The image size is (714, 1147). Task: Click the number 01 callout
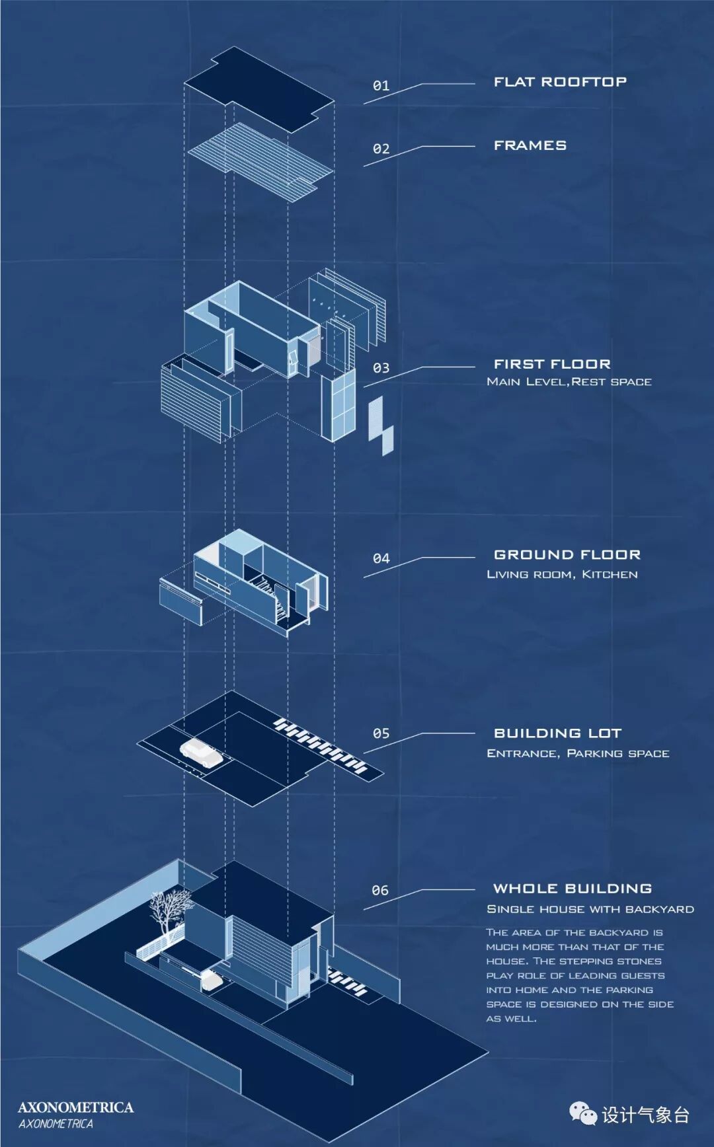tap(381, 86)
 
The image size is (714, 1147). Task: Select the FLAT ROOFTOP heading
tap(560, 82)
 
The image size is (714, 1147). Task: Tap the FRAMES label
tap(530, 145)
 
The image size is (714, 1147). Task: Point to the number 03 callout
tap(381, 368)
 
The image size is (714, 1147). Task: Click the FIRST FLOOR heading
tap(552, 364)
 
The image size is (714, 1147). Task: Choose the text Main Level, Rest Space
tap(569, 382)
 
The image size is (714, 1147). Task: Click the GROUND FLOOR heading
tap(567, 555)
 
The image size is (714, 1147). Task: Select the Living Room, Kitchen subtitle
tap(562, 575)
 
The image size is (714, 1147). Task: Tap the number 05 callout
tap(381, 733)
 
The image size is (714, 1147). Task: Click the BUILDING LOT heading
tap(557, 733)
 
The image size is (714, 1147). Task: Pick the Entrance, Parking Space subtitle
tap(578, 753)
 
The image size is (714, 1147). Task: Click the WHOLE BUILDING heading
tap(573, 889)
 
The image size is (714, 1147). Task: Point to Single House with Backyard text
tap(590, 909)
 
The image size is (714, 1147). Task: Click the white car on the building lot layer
tap(202, 753)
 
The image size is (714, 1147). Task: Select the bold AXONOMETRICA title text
tap(75, 1107)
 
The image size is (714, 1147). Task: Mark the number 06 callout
tap(380, 891)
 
